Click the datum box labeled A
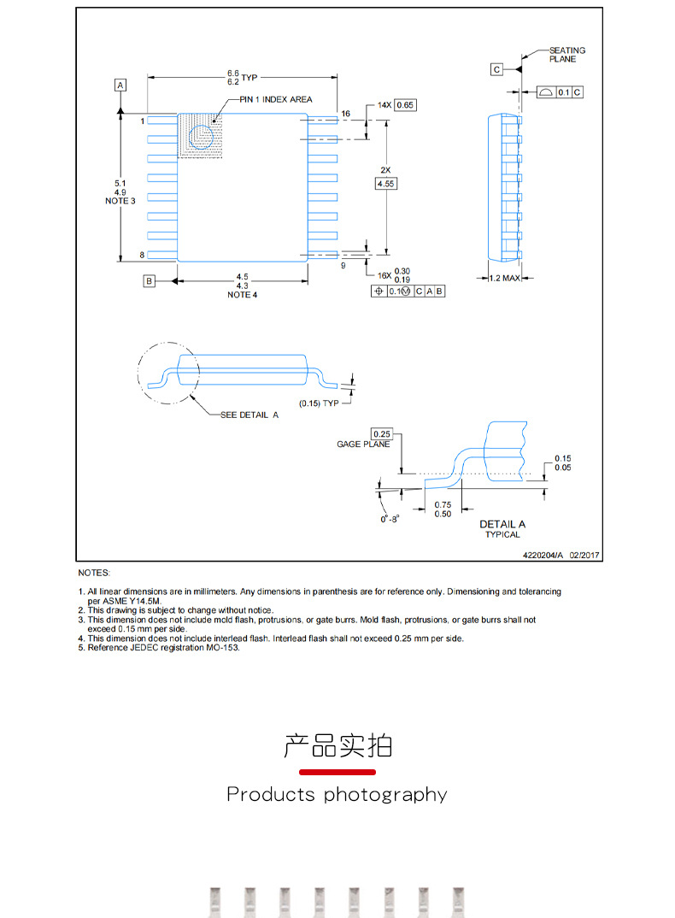[x=120, y=85]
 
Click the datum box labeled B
[x=148, y=280]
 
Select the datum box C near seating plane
[x=496, y=69]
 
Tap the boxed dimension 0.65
[x=405, y=105]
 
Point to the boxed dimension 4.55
[x=386, y=184]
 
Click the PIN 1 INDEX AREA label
[x=276, y=99]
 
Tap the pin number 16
[x=346, y=114]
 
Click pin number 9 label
[x=343, y=266]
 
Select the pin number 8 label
[x=142, y=256]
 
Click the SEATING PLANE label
[x=567, y=55]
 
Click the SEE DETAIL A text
[x=249, y=415]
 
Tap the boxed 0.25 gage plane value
[x=381, y=433]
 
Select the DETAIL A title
[x=502, y=524]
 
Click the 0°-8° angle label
[x=390, y=518]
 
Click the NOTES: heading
[x=94, y=573]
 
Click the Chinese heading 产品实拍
[x=337, y=745]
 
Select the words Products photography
[x=337, y=795]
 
